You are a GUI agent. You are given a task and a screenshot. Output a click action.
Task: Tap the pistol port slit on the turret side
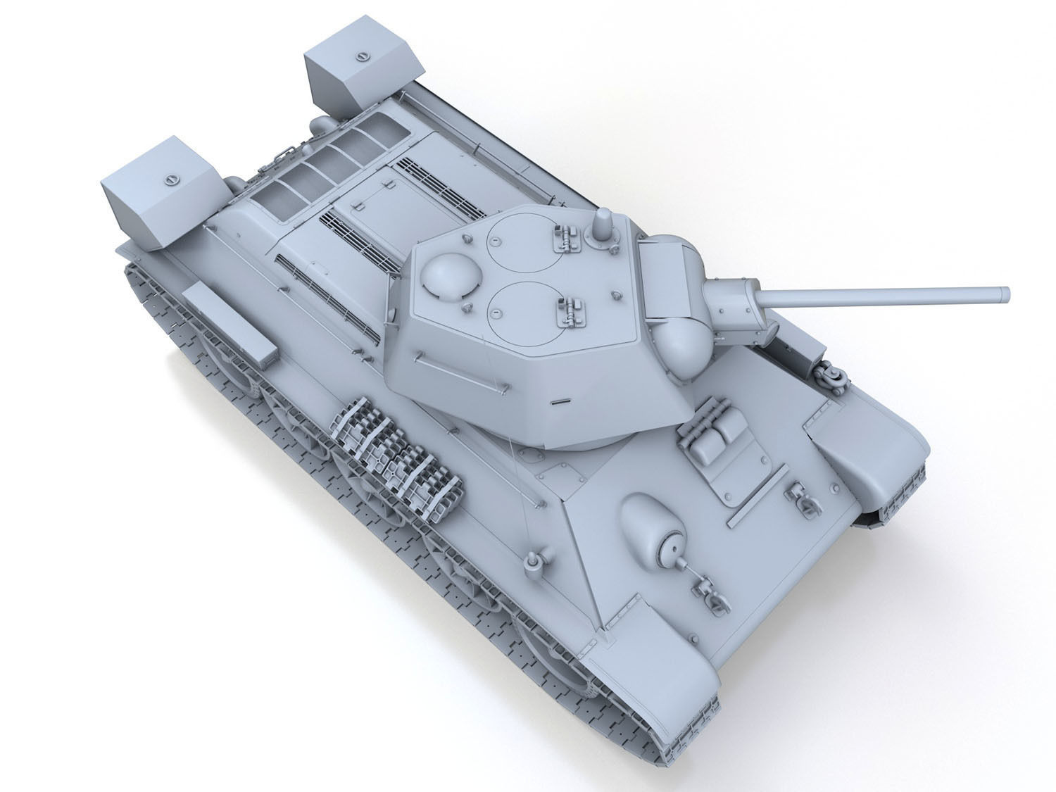pyautogui.click(x=560, y=403)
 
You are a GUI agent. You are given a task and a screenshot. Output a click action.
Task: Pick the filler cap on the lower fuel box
pyautogui.click(x=170, y=180)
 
